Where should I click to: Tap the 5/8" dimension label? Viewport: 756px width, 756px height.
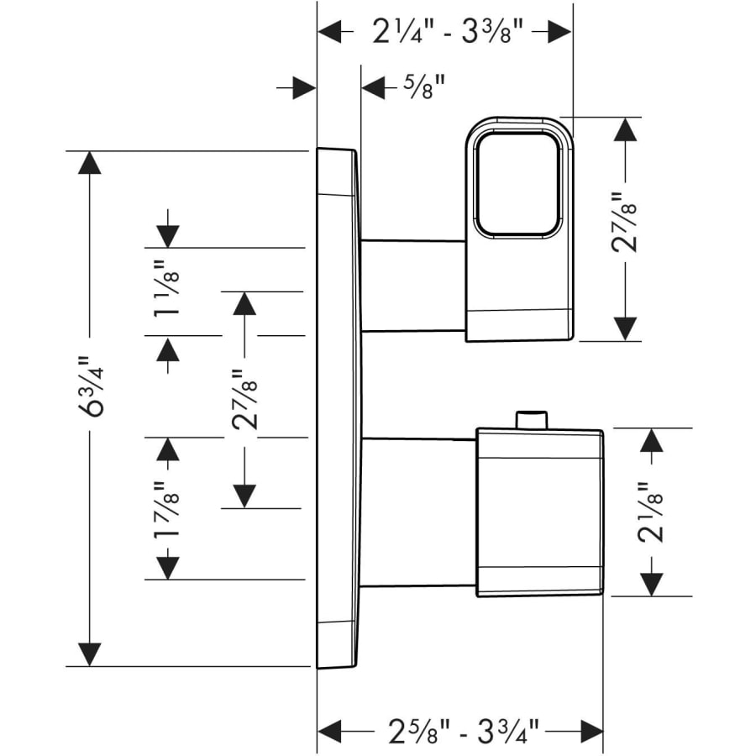click(x=423, y=87)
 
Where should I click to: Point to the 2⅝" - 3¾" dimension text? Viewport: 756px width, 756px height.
click(x=460, y=728)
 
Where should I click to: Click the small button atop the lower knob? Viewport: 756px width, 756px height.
click(x=531, y=419)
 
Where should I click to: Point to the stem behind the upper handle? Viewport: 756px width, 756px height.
click(x=412, y=286)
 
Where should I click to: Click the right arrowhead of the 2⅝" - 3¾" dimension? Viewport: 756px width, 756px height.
click(x=591, y=728)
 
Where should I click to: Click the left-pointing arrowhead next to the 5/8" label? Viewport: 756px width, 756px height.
click(x=372, y=87)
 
